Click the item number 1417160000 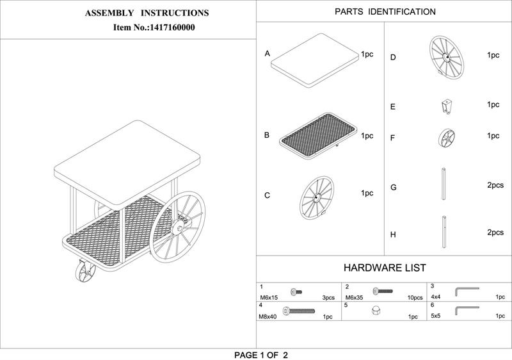pos(172,28)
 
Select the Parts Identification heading pos(385,12)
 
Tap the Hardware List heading pos(385,268)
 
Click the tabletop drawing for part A pos(315,61)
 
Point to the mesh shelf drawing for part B pos(317,136)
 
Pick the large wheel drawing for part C pos(317,198)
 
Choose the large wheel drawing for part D pos(446,57)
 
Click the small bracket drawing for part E pos(446,106)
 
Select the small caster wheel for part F pos(446,138)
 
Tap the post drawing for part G pos(444,184)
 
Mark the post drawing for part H pos(444,232)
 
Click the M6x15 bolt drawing pos(296,291)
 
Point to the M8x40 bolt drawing pos(299,311)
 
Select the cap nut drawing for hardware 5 pos(376,310)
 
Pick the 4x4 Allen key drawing pos(467,291)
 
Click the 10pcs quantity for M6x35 pos(415,298)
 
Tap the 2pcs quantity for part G pos(495,185)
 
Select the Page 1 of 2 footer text pos(261,355)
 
